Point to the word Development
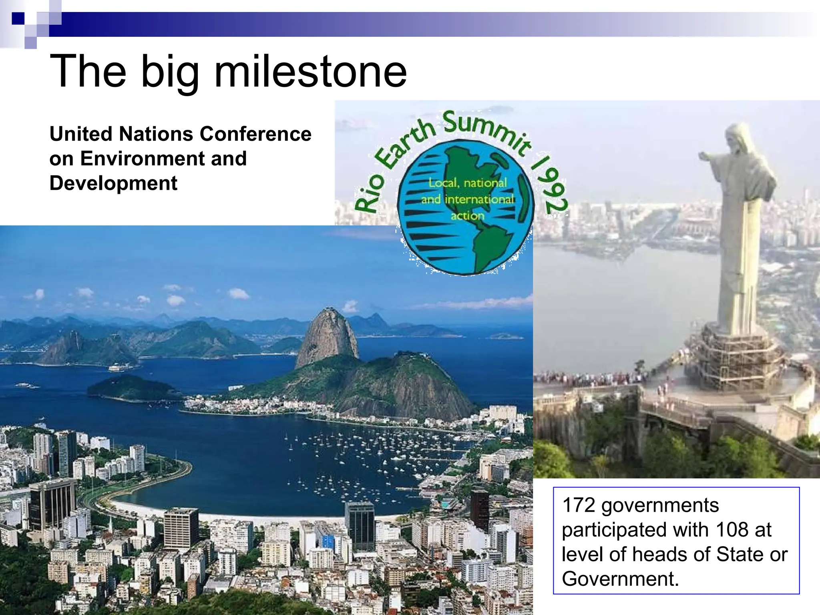[x=113, y=183]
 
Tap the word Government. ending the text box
[x=620, y=579]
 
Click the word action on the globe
[x=467, y=216]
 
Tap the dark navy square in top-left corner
[x=18, y=18]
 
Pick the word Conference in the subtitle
[x=255, y=134]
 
